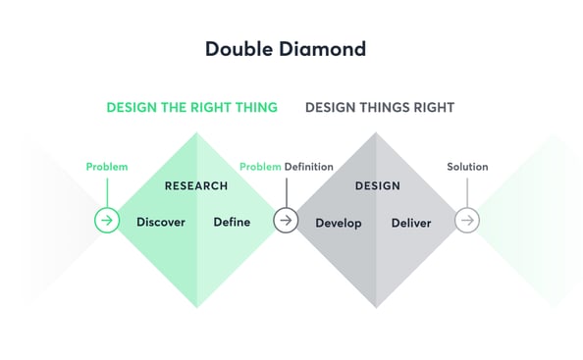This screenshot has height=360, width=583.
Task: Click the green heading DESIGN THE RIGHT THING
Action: [192, 107]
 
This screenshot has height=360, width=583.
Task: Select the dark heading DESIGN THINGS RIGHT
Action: [380, 107]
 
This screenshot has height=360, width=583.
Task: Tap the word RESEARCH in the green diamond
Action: [196, 185]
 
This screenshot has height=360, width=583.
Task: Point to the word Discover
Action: [161, 222]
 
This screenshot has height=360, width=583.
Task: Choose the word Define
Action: [232, 222]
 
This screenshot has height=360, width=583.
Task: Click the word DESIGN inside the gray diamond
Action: [377, 185]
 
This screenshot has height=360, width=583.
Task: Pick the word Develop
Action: [339, 223]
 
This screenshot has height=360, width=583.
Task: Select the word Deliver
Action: [411, 223]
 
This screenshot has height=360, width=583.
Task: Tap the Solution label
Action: [467, 167]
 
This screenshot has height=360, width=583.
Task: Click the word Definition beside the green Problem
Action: [309, 167]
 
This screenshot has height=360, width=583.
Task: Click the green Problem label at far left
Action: [107, 167]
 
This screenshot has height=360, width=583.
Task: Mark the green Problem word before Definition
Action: [260, 167]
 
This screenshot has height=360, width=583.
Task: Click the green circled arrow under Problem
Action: [107, 221]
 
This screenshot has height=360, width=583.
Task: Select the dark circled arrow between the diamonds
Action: [286, 221]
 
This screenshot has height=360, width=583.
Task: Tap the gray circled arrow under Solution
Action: [467, 221]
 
